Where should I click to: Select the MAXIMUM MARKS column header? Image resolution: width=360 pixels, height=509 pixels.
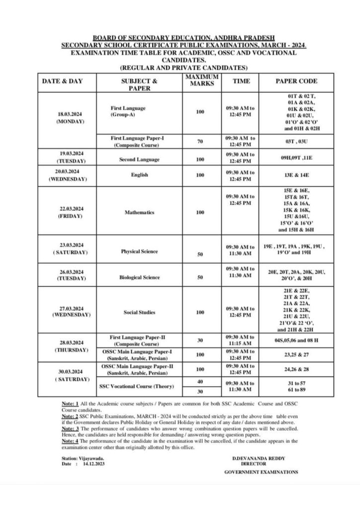click(x=202, y=81)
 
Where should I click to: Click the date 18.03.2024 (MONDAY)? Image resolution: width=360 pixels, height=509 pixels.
click(x=69, y=117)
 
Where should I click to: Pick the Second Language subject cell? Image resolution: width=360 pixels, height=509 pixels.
click(x=139, y=160)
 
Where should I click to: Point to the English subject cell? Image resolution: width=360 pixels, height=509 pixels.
click(x=139, y=175)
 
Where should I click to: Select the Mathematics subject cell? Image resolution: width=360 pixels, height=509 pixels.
click(x=139, y=212)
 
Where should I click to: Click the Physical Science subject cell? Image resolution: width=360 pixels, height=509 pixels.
click(x=139, y=252)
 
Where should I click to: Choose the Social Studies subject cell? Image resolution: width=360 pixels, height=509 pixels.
click(x=139, y=312)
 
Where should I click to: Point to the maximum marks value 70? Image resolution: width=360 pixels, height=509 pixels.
click(x=200, y=141)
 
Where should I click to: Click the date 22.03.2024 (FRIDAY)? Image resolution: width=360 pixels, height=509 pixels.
click(x=69, y=212)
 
